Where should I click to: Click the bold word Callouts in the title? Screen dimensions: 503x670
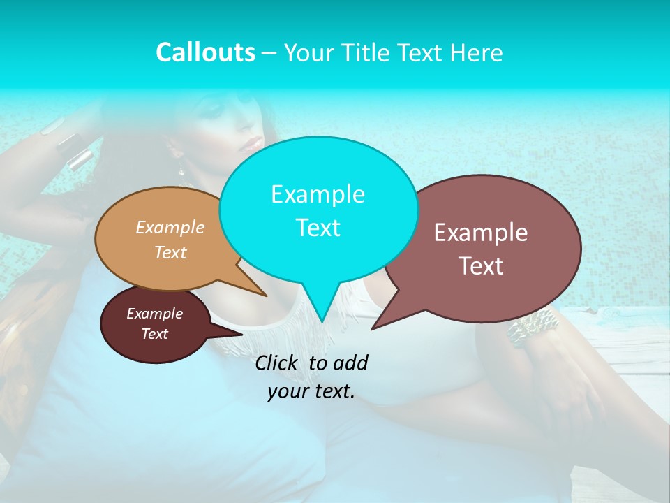tap(205, 52)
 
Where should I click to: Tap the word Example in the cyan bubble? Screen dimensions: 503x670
tap(318, 194)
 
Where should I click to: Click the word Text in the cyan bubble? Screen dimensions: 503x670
tap(318, 228)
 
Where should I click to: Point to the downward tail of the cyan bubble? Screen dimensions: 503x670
tap(321, 311)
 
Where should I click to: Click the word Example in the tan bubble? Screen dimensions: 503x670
tap(170, 228)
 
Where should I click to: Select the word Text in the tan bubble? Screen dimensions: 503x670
tap(170, 253)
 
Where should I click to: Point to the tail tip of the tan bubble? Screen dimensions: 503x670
tap(264, 294)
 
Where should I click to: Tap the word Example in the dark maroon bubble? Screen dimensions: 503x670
tap(155, 314)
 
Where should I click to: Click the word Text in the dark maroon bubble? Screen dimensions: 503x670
tap(155, 334)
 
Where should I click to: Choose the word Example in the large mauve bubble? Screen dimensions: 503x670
tap(481, 233)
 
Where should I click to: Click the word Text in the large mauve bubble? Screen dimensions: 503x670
tap(481, 266)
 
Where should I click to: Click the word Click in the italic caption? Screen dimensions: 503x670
tap(278, 363)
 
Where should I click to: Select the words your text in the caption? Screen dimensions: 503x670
tap(311, 392)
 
